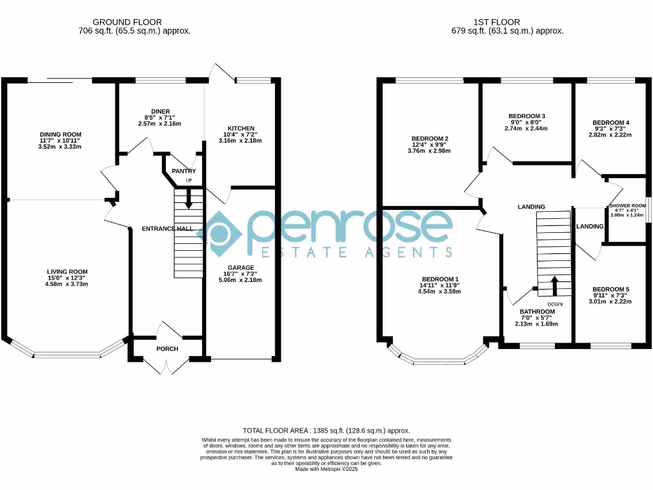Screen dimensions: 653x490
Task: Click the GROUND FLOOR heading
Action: pos(127,22)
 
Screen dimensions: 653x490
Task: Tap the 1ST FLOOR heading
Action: pos(496,22)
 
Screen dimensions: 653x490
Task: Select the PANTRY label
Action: pos(184,171)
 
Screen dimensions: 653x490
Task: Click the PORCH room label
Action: pos(167,349)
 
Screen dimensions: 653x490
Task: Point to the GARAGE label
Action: pos(240,267)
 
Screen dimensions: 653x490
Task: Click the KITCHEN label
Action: pos(240,128)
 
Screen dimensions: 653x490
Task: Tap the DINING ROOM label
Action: pos(61,134)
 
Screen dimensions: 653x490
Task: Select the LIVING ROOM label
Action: pos(67,272)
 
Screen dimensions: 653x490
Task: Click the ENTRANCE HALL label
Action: pos(168,229)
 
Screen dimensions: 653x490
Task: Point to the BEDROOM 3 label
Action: pos(527,116)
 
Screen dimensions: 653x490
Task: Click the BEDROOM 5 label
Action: pos(611,289)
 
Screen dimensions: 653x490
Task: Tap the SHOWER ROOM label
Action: pos(627,206)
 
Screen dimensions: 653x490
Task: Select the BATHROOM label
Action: pos(537,311)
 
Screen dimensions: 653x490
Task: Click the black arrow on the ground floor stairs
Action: pos(189,199)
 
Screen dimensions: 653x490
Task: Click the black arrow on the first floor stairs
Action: pos(554,286)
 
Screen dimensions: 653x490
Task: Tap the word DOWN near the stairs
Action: pos(555,304)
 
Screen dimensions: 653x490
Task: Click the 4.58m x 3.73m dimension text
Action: pos(66,284)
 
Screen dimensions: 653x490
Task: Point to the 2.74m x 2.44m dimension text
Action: pos(526,129)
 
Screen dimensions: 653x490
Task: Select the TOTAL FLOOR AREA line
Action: pos(326,431)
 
